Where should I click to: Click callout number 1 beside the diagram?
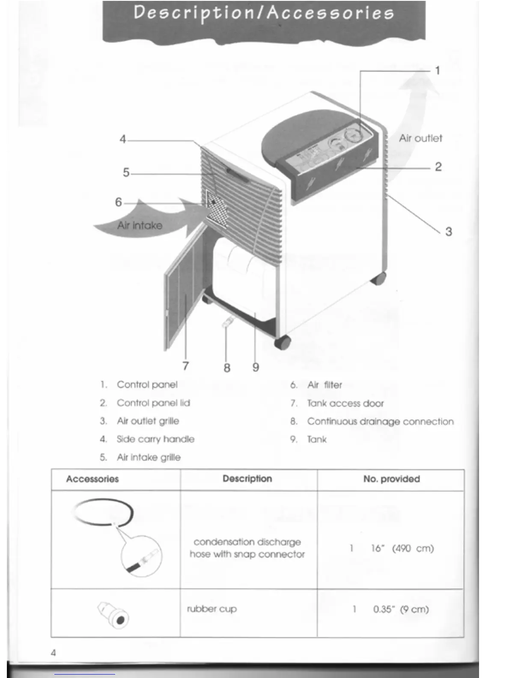(437, 71)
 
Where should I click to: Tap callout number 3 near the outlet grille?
(448, 232)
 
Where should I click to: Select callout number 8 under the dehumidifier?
(227, 368)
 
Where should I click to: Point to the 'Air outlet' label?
(420, 138)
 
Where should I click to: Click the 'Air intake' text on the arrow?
(140, 226)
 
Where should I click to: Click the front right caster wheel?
(283, 342)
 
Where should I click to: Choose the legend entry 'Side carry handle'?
(155, 439)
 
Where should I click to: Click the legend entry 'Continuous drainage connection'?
(380, 422)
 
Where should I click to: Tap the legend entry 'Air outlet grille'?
(148, 421)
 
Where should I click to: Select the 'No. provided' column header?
(391, 479)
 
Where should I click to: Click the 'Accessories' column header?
(92, 479)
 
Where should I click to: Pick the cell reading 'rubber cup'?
(211, 609)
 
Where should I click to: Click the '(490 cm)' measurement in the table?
(413, 548)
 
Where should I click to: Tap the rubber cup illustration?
(114, 615)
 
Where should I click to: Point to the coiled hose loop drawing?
(103, 511)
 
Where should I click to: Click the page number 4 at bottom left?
(53, 653)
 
